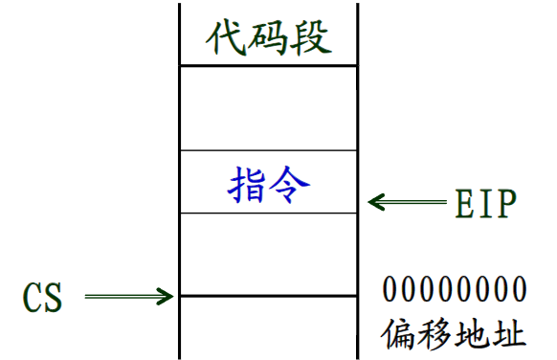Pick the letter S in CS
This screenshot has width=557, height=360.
coord(53,298)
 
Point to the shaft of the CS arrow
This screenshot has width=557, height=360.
coord(120,296)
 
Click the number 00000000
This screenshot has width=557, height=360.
coord(455,289)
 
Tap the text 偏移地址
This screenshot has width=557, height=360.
coord(454,334)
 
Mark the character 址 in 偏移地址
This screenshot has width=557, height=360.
coord(509,334)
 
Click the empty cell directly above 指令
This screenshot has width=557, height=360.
coord(268,107)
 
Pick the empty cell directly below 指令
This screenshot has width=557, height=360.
coord(268,254)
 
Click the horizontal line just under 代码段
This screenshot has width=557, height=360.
coord(268,65)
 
